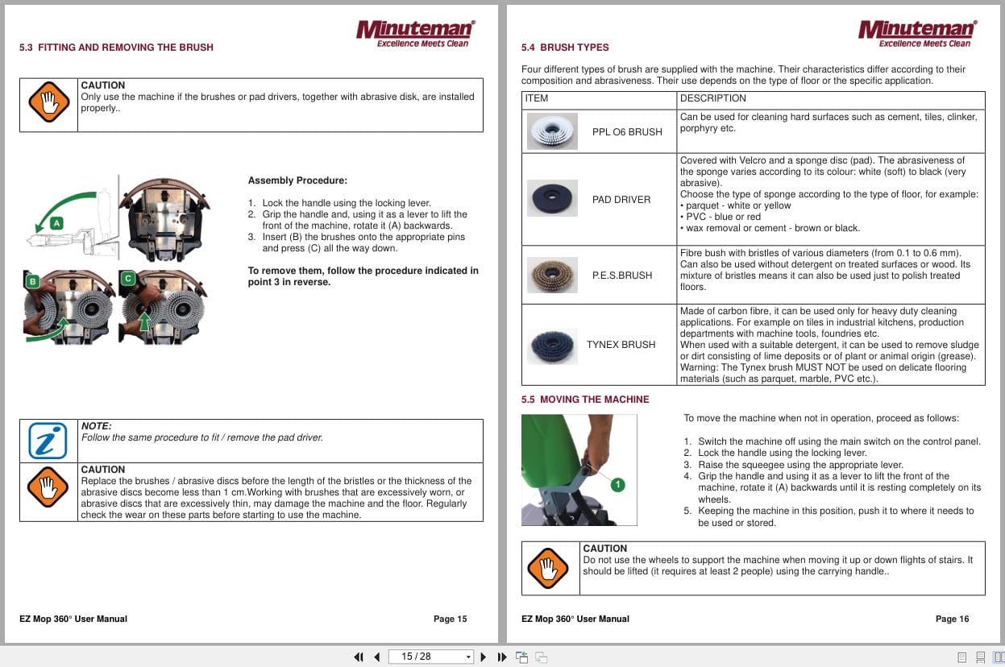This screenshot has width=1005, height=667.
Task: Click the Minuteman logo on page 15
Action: click(x=416, y=33)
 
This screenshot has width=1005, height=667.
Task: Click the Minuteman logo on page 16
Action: click(x=917, y=33)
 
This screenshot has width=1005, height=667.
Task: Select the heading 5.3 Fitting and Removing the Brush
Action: click(x=116, y=48)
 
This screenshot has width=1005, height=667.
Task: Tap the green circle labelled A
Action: click(x=56, y=222)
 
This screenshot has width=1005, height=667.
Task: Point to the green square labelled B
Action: click(x=33, y=281)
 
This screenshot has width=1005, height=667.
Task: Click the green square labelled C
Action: click(x=127, y=279)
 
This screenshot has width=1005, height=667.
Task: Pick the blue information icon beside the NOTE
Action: click(x=48, y=441)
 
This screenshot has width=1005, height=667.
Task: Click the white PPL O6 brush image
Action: click(x=552, y=131)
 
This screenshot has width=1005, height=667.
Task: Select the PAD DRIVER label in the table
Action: click(x=621, y=200)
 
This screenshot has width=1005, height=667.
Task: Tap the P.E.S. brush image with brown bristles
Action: click(x=552, y=275)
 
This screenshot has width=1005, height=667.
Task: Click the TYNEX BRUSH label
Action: click(x=621, y=345)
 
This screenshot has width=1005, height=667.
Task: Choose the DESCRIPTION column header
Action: click(x=712, y=98)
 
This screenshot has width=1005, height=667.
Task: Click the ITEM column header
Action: click(x=536, y=98)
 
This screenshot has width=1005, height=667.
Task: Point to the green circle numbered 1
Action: click(x=617, y=485)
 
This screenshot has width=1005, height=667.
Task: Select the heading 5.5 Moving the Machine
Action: click(x=584, y=400)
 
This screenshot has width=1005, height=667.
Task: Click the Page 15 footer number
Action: click(x=450, y=619)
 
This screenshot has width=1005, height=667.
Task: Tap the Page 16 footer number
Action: click(x=952, y=619)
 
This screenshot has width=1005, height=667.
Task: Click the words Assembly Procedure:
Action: click(x=297, y=180)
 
